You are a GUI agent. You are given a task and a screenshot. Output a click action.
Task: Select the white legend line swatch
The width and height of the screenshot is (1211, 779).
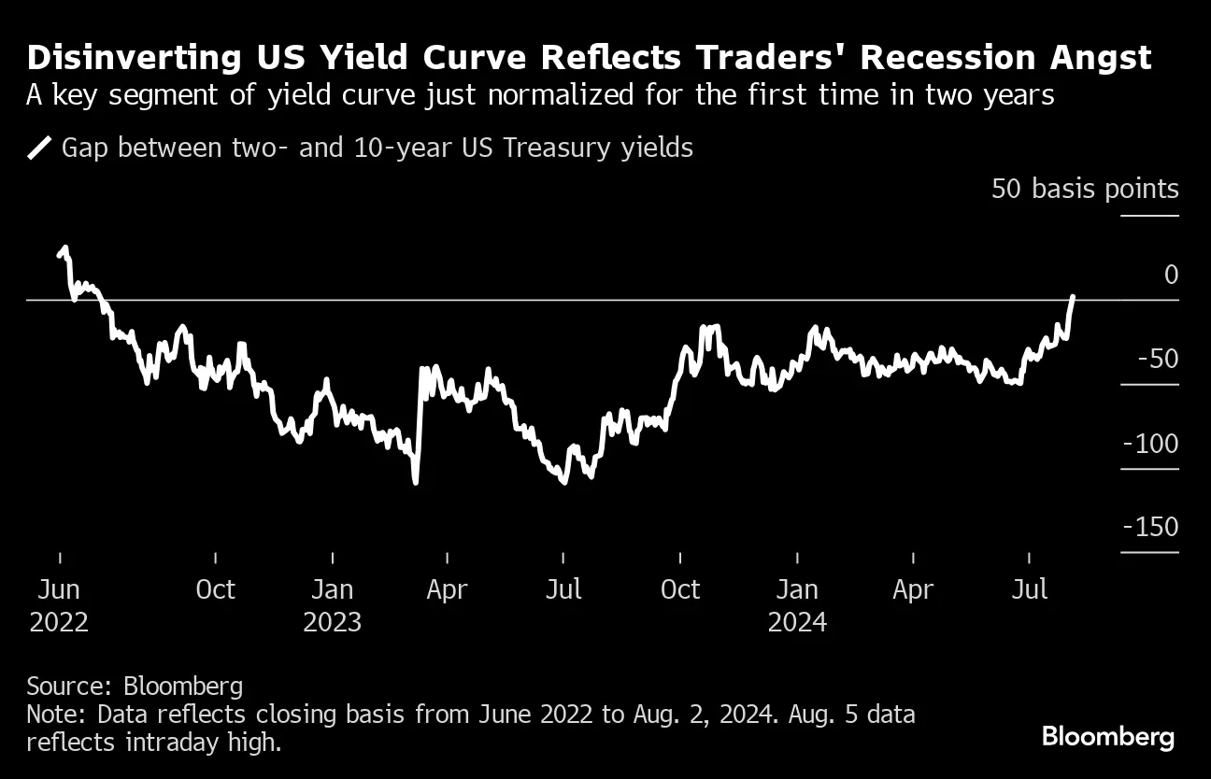point(39,148)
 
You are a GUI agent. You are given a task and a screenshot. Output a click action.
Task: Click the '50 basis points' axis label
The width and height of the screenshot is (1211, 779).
point(1085,190)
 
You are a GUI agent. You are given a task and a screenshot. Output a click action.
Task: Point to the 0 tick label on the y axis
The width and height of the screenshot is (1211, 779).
point(1171,275)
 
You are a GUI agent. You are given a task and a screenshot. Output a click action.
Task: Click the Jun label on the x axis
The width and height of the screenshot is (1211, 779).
point(60,590)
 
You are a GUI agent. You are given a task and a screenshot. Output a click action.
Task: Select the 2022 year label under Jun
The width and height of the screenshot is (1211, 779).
point(60,622)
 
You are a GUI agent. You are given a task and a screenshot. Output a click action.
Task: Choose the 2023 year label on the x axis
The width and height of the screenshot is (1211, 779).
point(332,622)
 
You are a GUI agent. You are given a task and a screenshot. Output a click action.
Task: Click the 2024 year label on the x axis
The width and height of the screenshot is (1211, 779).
point(797,622)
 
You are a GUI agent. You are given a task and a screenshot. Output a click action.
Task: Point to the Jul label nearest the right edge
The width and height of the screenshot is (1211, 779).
point(1029,590)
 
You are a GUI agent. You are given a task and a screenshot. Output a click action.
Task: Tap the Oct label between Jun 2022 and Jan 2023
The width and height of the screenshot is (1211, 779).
point(216,590)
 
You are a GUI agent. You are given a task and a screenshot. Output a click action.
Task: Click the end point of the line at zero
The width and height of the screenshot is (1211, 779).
point(1073,297)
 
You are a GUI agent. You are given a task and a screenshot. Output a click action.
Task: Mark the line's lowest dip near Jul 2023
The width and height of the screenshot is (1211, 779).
point(563,481)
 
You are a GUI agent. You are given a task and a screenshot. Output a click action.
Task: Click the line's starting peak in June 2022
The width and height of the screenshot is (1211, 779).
point(64,248)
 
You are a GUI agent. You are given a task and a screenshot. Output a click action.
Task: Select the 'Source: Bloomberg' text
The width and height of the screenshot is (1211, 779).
point(135,687)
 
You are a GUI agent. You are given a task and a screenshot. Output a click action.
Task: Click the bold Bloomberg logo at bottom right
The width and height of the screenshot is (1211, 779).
point(1108,737)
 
